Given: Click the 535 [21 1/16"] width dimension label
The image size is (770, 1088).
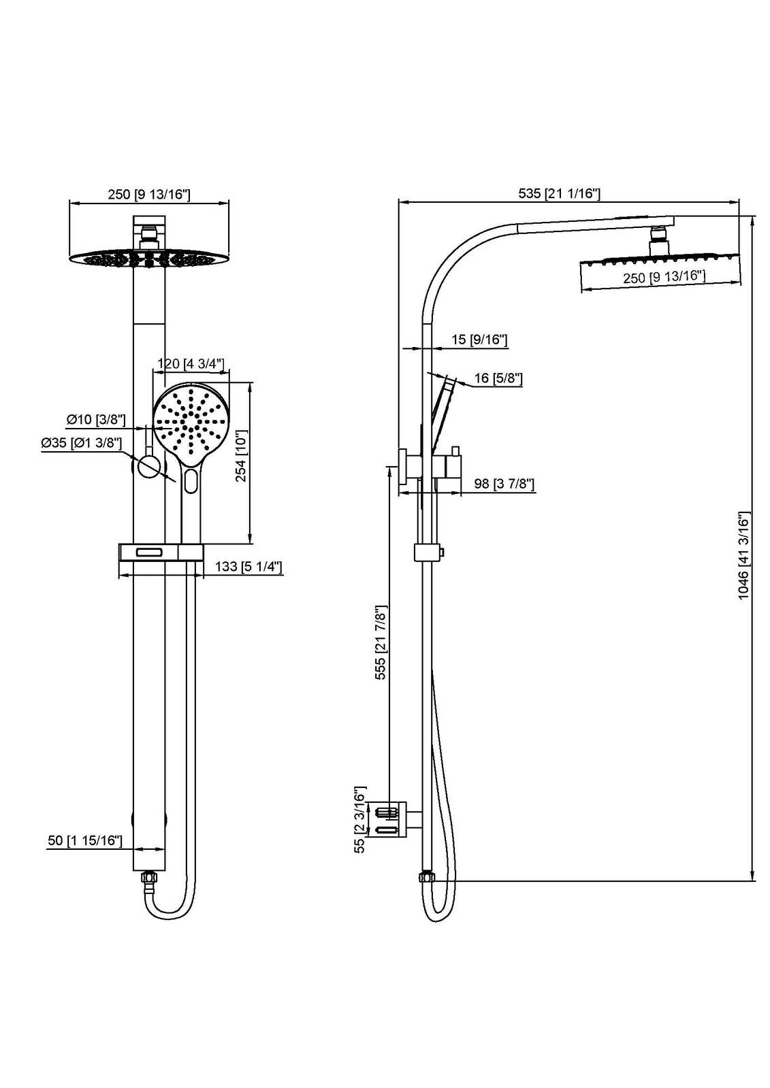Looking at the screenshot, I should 559,194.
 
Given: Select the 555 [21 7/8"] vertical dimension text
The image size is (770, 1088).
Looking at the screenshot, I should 381,642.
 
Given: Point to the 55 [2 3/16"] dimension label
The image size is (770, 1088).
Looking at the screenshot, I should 360,821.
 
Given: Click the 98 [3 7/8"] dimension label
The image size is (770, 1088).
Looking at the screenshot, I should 504,484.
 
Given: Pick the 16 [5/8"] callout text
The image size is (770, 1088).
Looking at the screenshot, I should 498,378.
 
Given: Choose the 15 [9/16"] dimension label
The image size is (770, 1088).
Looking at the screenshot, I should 479,340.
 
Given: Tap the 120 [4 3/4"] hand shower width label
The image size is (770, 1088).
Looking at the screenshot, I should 191,363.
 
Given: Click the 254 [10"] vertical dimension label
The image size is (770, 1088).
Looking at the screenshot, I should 241,455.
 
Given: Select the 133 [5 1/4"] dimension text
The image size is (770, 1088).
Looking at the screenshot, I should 248,567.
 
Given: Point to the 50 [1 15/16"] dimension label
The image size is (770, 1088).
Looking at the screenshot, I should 85,841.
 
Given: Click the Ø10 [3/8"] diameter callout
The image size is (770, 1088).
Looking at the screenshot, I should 95,419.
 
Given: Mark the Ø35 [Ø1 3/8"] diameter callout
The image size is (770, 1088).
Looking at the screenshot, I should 81,443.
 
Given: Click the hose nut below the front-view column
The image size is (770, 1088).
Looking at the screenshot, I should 148,878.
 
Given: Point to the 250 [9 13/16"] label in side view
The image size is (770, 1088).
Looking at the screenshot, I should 663,277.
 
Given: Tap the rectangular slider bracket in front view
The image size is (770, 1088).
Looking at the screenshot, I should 161,553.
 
